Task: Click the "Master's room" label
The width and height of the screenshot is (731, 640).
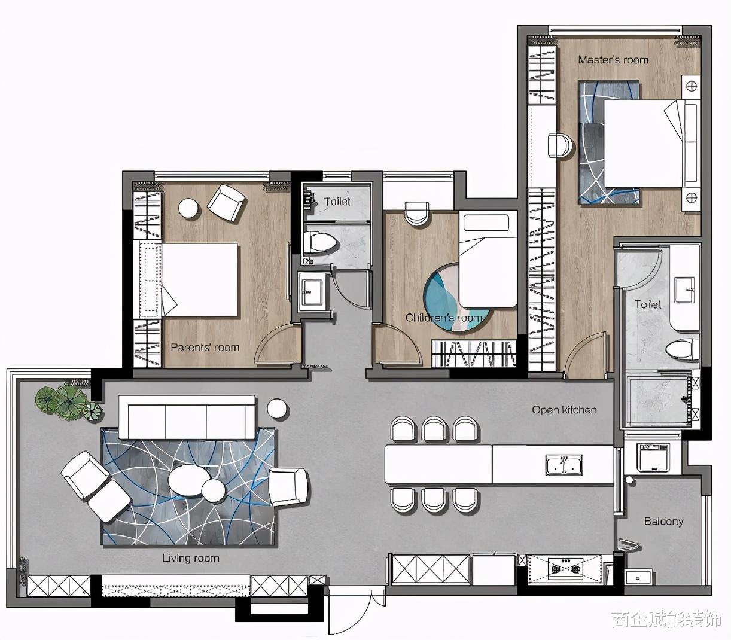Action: click(x=613, y=59)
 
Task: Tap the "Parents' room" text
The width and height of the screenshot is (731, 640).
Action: click(x=205, y=347)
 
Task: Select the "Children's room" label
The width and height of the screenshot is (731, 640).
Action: click(x=443, y=317)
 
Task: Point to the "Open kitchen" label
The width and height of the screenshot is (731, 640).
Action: click(x=565, y=409)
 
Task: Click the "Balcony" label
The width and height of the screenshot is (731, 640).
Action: click(x=664, y=521)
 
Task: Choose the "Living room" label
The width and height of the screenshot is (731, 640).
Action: click(x=190, y=558)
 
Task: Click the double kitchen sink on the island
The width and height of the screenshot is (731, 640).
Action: click(x=564, y=464)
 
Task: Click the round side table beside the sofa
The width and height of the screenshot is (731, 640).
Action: click(x=276, y=407)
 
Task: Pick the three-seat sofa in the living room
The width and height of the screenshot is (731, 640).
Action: click(x=187, y=416)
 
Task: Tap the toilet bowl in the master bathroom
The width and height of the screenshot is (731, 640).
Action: click(x=683, y=350)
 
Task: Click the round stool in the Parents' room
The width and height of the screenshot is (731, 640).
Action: click(x=188, y=208)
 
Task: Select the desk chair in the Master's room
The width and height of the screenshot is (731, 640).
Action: click(x=560, y=145)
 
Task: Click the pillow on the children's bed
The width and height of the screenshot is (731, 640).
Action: click(x=486, y=222)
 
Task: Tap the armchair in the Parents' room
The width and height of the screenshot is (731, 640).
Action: click(x=226, y=202)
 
